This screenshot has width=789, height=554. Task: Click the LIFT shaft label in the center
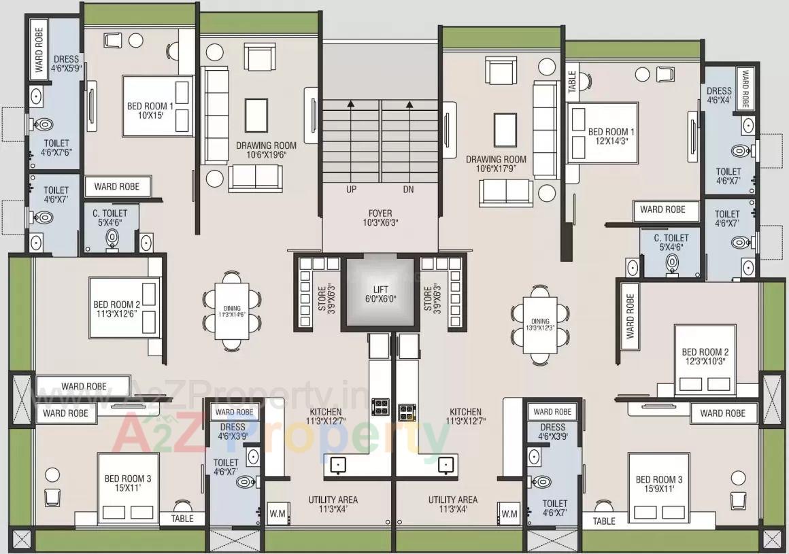coord(380,293)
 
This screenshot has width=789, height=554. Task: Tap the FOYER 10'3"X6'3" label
coord(380,218)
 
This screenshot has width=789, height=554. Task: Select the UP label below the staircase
coord(351,190)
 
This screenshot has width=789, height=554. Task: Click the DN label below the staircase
coord(409,190)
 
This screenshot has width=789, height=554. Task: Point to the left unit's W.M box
coord(275,513)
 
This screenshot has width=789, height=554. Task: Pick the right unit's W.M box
coord(508,513)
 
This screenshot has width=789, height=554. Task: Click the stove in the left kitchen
coord(380,406)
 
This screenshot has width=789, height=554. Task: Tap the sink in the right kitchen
coord(446,464)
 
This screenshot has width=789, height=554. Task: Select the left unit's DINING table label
coord(232,311)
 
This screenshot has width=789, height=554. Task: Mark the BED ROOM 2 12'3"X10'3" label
coord(705,357)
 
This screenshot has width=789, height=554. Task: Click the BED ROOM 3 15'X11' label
coord(128,484)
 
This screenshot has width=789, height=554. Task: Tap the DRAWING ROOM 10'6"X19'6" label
coord(266,150)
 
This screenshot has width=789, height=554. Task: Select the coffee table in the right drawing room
coord(505,129)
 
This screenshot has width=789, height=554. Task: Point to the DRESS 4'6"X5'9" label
coord(67,64)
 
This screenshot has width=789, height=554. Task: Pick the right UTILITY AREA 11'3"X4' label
coord(452,504)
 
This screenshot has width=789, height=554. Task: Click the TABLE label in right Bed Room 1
coord(572,82)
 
